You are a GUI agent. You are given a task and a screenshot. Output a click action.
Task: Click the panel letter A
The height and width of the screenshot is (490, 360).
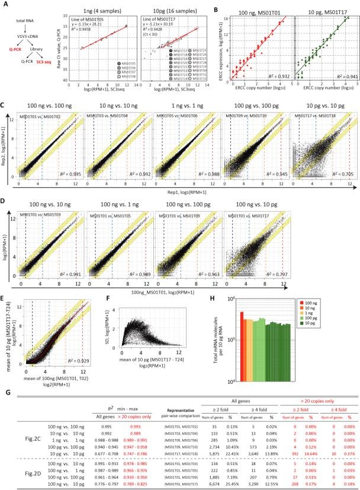pyautogui.click(x=5, y=4)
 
